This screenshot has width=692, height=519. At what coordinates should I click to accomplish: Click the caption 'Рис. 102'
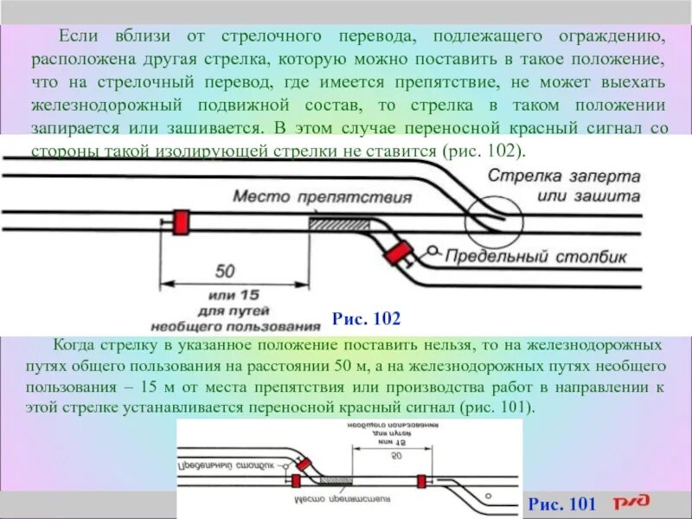[x=366, y=319]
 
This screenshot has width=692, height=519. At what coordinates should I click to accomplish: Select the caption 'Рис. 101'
[x=562, y=503]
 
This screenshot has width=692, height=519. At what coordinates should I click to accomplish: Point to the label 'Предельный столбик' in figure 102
[x=541, y=256]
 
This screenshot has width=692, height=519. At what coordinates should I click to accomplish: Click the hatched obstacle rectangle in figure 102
[x=340, y=223]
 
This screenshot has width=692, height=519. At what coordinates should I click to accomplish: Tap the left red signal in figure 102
[x=181, y=222]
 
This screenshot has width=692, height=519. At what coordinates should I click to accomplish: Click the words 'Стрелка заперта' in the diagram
[x=564, y=176]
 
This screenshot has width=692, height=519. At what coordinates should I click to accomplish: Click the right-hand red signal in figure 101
[x=421, y=480]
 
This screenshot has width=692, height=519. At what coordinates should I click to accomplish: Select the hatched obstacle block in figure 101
[x=336, y=479]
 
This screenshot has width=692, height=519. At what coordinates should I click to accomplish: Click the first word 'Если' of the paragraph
[x=76, y=38]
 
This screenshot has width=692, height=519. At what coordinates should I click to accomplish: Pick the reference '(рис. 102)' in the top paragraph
[x=484, y=150]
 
